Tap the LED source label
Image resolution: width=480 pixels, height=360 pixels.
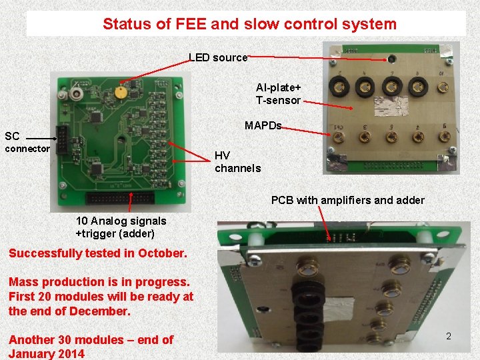pyautogui.click(x=217, y=58)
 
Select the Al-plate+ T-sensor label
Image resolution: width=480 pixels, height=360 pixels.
pyautogui.click(x=279, y=94)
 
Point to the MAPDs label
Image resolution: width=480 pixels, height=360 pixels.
pyautogui.click(x=263, y=126)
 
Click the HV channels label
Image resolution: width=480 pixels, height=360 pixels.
pyautogui.click(x=237, y=162)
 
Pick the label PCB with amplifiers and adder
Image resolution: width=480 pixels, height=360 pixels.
pyautogui.click(x=347, y=200)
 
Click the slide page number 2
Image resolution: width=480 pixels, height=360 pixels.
pyautogui.click(x=449, y=337)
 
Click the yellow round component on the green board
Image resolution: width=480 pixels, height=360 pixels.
pyautogui.click(x=121, y=92)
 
